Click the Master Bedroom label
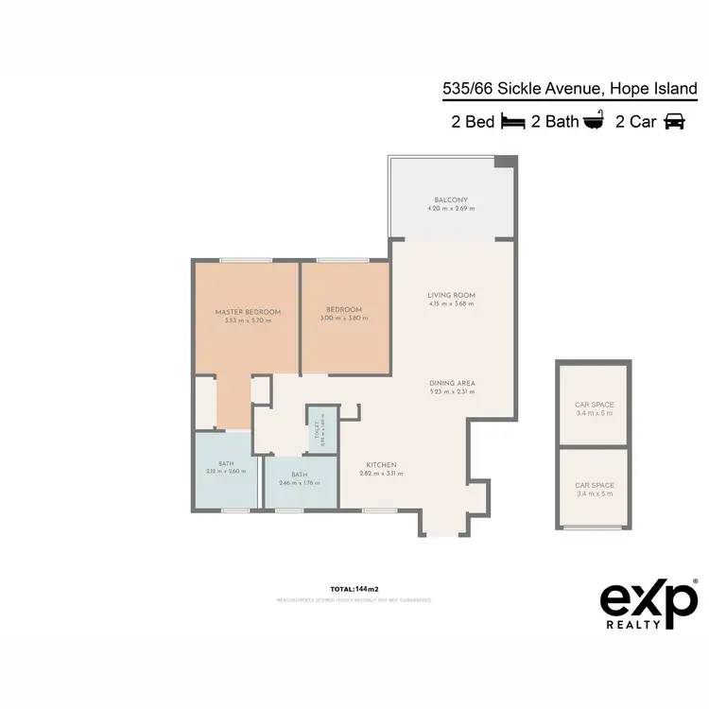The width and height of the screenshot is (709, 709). (x=248, y=312)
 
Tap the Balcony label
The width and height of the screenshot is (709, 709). (x=451, y=200)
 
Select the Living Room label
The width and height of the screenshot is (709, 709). (x=451, y=296)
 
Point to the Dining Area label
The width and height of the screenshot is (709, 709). (x=451, y=384)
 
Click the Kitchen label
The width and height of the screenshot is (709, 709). (x=382, y=465)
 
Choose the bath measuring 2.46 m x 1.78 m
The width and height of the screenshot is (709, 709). (x=300, y=478)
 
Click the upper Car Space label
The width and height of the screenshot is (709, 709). (x=594, y=405)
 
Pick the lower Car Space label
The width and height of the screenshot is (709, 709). (x=594, y=485)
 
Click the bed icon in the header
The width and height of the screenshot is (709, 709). (x=512, y=121)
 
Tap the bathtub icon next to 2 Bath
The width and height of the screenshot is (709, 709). (x=594, y=121)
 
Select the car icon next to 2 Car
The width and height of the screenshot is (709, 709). (x=674, y=121)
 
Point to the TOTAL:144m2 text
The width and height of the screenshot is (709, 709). (x=354, y=587)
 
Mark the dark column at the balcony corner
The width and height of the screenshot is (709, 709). (x=508, y=162)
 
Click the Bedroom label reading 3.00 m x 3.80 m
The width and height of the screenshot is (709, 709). (x=343, y=313)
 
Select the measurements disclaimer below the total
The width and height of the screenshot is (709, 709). (x=354, y=599)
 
